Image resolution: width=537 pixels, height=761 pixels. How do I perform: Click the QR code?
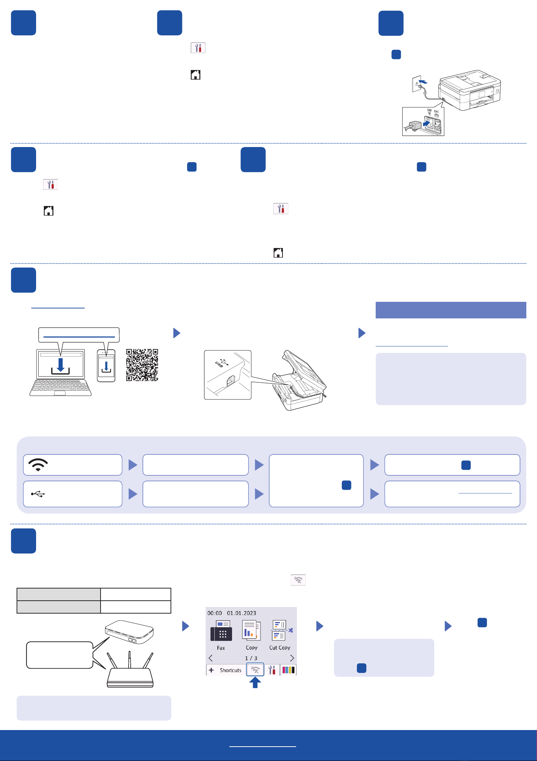point(142,365)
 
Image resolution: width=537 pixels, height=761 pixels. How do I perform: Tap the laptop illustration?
point(61,372)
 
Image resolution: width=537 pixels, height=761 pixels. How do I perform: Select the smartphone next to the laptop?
point(106,366)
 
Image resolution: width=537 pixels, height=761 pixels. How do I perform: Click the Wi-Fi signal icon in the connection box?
point(38,465)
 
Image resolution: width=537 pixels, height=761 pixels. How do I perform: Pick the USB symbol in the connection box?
point(38,494)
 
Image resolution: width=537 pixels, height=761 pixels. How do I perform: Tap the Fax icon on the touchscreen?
point(221,631)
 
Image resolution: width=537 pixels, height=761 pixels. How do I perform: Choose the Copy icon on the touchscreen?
point(252,631)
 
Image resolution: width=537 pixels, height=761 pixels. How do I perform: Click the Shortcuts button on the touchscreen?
point(226,670)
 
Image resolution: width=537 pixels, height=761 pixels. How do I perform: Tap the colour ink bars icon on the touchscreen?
point(288,670)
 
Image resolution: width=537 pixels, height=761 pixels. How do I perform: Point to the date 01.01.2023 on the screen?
point(241,613)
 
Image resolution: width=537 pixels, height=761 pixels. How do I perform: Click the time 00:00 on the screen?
point(215,613)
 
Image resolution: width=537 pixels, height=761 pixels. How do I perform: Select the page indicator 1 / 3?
point(251,658)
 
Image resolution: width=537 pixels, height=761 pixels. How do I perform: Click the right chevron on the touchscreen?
point(292,658)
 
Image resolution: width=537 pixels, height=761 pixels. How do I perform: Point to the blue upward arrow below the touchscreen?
point(255,682)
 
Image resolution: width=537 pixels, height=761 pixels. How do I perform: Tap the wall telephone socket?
point(417,84)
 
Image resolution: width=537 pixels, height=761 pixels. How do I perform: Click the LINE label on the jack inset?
point(429,110)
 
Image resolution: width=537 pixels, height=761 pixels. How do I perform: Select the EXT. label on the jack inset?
point(436,112)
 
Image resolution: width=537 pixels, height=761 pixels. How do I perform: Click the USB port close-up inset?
point(228,375)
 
